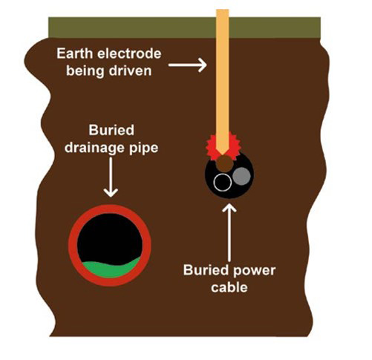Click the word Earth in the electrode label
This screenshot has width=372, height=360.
click(75, 53)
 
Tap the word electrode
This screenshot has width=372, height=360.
click(129, 53)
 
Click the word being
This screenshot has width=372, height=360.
click(85, 71)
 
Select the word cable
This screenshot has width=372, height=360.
click(229, 287)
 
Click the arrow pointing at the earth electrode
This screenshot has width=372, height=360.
click(187, 65)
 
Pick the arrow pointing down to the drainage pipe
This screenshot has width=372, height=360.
click(111, 177)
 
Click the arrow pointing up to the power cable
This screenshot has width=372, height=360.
click(229, 232)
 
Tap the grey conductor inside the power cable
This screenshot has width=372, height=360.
click(241, 176)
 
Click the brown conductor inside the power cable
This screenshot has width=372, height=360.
click(224, 163)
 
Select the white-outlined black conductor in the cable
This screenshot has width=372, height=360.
click(223, 183)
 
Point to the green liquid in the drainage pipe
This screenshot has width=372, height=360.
click(111, 269)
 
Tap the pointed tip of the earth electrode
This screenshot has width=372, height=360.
click(222, 155)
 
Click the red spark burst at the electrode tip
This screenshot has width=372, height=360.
click(210, 147)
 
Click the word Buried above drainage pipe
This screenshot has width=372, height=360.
click(111, 130)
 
